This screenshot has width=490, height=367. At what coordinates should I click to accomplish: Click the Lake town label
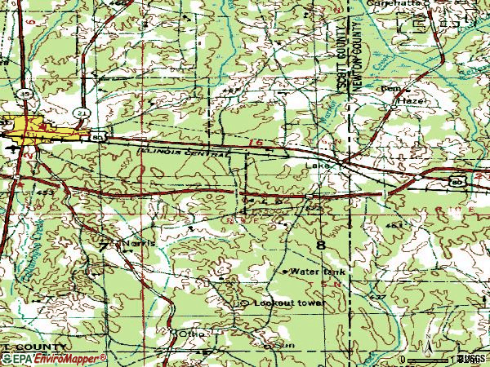pyautogui.click(x=317, y=166)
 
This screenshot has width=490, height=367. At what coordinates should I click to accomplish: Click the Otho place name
pyautogui.click(x=193, y=334)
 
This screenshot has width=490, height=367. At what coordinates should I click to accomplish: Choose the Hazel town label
pyautogui.click(x=410, y=99)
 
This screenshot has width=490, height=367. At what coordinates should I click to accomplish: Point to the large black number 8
pyautogui.click(x=321, y=245)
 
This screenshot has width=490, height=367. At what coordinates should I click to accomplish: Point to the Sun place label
pyautogui.click(x=287, y=346)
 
